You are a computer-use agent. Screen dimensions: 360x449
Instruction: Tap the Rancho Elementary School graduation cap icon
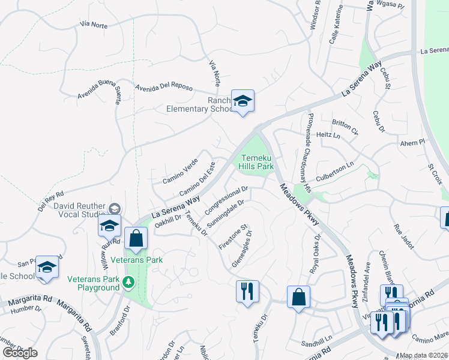(x=243, y=101)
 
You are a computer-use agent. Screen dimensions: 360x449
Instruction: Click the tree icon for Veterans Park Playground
(x=128, y=281)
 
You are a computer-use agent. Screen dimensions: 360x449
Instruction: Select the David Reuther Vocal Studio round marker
(x=114, y=208)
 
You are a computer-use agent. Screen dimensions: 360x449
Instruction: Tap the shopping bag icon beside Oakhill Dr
(x=137, y=238)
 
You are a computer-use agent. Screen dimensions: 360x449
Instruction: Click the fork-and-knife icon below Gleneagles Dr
(x=247, y=292)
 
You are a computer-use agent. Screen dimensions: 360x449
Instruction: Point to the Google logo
(x=20, y=353)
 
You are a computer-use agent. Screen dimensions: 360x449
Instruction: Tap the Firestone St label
(x=233, y=238)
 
